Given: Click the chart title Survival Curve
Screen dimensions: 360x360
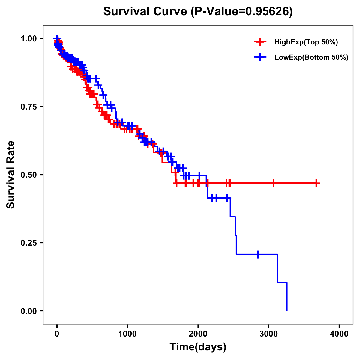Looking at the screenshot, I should [146, 11].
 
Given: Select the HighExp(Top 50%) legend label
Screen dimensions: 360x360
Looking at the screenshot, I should [306, 42].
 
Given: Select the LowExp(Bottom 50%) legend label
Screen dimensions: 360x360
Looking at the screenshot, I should [311, 58].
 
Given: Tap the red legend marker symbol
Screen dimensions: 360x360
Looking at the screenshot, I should [260, 42].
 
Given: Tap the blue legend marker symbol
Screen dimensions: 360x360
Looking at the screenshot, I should [260, 57].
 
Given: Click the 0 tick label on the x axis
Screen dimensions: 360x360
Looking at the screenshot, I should [57, 334].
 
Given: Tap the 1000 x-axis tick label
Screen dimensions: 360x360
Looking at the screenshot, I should [127, 334].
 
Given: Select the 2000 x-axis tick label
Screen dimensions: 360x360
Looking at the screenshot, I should [198, 334].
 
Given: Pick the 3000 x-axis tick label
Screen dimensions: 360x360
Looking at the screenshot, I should [269, 334].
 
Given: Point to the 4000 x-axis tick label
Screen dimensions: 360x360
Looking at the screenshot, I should [339, 334].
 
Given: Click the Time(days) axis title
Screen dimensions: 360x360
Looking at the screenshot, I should [198, 347].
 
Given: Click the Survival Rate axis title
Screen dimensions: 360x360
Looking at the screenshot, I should [11, 175].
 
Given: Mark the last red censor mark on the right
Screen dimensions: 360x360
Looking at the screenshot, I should [316, 183].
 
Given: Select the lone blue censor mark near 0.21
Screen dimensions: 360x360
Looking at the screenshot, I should [258, 254].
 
